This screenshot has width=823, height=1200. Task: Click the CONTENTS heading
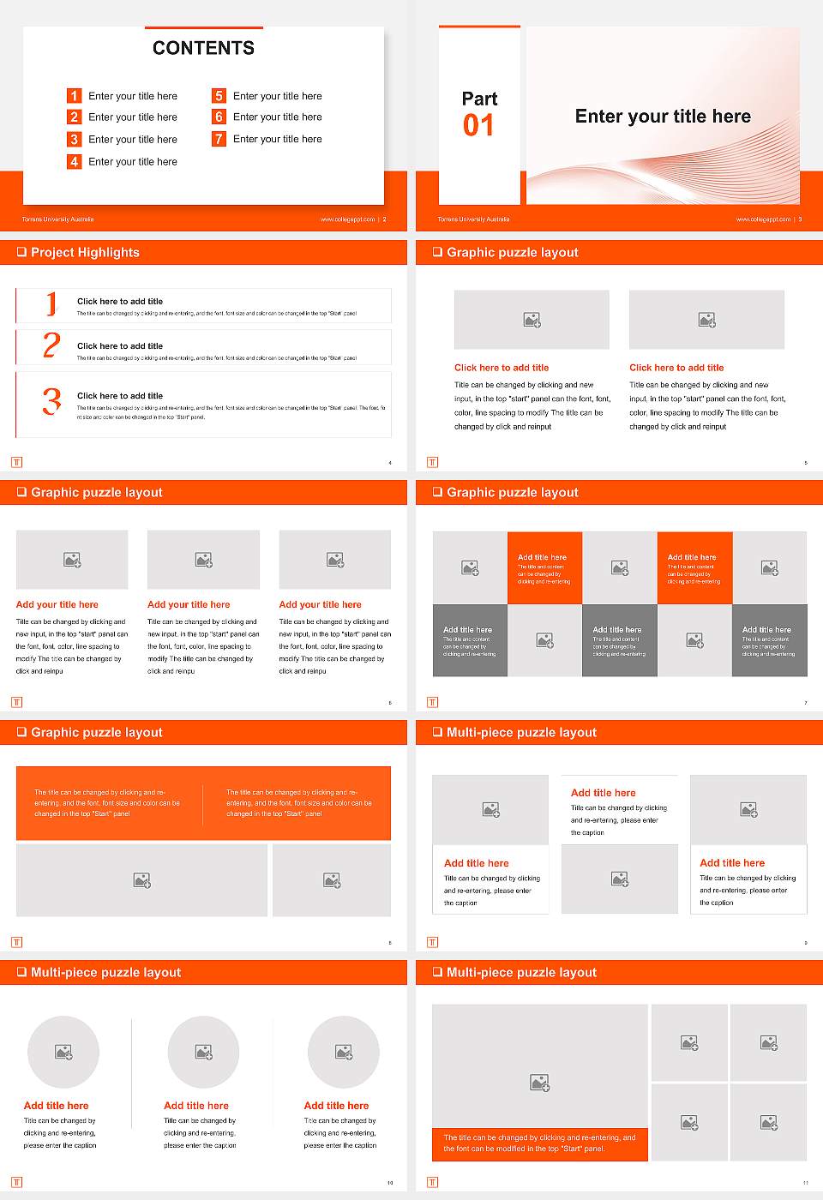pyautogui.click(x=203, y=48)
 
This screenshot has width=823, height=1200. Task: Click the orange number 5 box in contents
pyautogui.click(x=219, y=96)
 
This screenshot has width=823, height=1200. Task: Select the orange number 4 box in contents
pyautogui.click(x=75, y=161)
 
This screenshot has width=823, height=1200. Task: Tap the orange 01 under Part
pyautogui.click(x=478, y=126)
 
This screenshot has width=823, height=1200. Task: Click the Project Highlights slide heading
pyautogui.click(x=85, y=252)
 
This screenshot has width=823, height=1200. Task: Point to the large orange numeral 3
pyautogui.click(x=52, y=401)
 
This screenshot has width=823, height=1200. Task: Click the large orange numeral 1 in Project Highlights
pyautogui.click(x=51, y=303)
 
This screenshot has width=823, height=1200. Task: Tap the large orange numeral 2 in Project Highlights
pyautogui.click(x=51, y=345)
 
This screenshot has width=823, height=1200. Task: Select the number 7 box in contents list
pyautogui.click(x=219, y=139)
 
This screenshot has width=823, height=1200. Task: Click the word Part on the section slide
pyautogui.click(x=479, y=99)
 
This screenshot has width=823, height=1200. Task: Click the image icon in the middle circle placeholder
pyautogui.click(x=203, y=1052)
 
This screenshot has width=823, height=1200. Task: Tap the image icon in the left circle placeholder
pyautogui.click(x=63, y=1052)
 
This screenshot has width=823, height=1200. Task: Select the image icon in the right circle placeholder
pyautogui.click(x=344, y=1052)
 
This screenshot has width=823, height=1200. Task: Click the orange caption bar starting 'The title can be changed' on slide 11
pyautogui.click(x=539, y=1143)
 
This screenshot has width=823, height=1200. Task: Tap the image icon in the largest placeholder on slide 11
pyautogui.click(x=539, y=1083)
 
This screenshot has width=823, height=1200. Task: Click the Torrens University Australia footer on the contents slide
pyautogui.click(x=57, y=219)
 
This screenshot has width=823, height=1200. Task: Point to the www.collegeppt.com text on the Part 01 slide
pyautogui.click(x=763, y=219)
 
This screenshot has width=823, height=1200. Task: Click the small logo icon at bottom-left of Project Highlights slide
pyautogui.click(x=16, y=462)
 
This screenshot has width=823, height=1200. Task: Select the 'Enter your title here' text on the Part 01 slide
pyautogui.click(x=663, y=117)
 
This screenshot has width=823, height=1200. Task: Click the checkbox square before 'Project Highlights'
pyautogui.click(x=21, y=252)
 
